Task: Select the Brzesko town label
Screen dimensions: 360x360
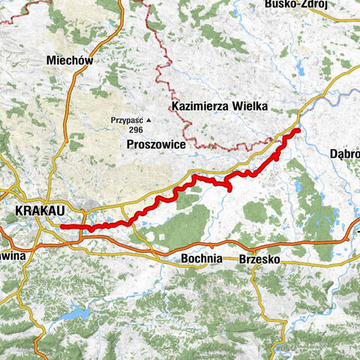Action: click(259, 259)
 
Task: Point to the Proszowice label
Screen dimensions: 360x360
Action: click(156, 144)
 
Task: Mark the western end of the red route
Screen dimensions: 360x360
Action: click(63, 226)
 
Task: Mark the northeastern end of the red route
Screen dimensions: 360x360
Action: click(298, 131)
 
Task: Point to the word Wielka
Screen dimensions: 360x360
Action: click(250, 106)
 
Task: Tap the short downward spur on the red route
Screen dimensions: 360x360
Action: click(228, 187)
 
